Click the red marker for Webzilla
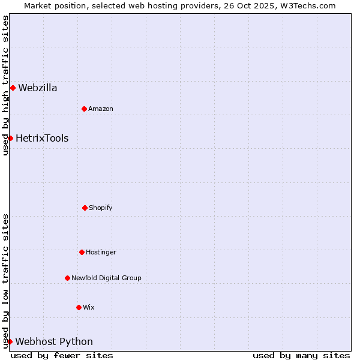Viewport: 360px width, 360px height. point(13,88)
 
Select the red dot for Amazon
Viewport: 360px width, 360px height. point(84,109)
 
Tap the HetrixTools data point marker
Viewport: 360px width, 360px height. point(10,139)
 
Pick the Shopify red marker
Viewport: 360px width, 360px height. point(85,208)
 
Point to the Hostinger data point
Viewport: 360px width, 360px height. point(82,252)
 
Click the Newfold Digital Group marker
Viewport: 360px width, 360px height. point(67,278)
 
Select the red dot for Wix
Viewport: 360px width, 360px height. point(79,307)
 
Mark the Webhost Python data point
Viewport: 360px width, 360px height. point(10,342)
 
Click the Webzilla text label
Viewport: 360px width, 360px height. point(38,88)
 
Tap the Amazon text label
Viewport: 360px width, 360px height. point(101,109)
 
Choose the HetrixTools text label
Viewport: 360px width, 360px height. point(42,139)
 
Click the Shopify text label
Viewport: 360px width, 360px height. point(101,208)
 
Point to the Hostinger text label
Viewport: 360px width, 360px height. point(101,252)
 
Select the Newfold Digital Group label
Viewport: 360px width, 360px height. point(106,278)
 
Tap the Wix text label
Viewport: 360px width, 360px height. point(89,307)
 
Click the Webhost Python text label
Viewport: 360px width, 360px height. point(54,342)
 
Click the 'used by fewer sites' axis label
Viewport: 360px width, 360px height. point(62,355)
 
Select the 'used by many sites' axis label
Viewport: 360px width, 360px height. point(301,355)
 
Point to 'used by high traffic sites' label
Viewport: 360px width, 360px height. point(5,85)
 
